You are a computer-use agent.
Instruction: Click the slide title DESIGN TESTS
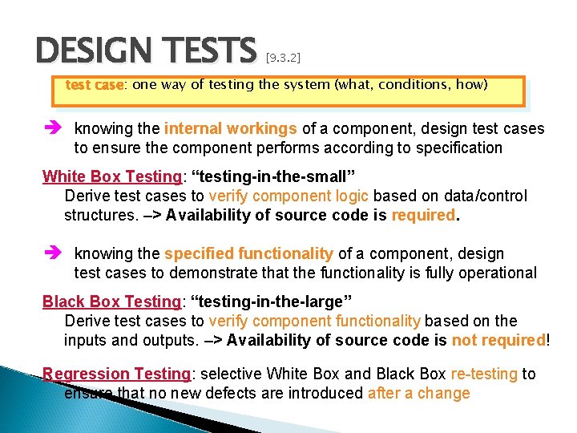144,51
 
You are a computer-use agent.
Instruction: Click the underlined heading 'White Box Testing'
111,176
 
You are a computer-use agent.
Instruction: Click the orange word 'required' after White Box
422,215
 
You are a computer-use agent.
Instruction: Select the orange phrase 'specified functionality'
248,253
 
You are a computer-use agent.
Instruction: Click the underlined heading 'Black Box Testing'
111,301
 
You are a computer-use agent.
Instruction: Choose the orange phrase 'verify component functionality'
314,321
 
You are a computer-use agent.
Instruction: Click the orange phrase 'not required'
498,340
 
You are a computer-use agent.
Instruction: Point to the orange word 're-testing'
484,374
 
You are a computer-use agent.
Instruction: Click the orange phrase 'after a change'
418,393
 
